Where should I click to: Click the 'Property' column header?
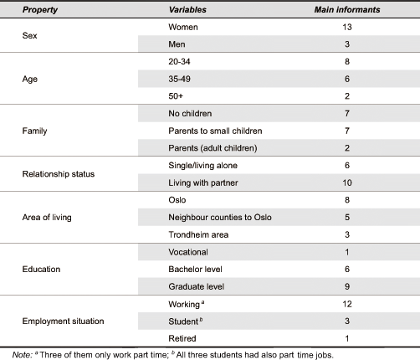click(40, 10)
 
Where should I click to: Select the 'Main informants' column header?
click(347, 10)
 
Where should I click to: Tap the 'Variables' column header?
click(187, 10)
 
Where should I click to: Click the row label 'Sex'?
click(29, 35)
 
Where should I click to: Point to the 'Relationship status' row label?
click(59, 174)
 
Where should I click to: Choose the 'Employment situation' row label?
click(63, 321)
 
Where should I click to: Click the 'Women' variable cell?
click(183, 27)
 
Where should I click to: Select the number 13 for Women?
click(347, 27)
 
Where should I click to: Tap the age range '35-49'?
click(179, 79)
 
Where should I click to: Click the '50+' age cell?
click(176, 96)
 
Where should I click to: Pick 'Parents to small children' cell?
click(215, 131)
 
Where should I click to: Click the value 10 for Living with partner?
click(347, 183)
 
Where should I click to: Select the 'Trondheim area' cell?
click(198, 234)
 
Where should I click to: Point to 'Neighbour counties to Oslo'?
click(220, 218)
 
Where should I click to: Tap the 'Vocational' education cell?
click(188, 252)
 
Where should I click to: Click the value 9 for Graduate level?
click(347, 286)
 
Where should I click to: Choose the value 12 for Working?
click(347, 304)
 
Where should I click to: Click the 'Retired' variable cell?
click(182, 338)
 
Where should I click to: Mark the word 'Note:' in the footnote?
click(23, 355)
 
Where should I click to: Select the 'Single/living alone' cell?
click(202, 166)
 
